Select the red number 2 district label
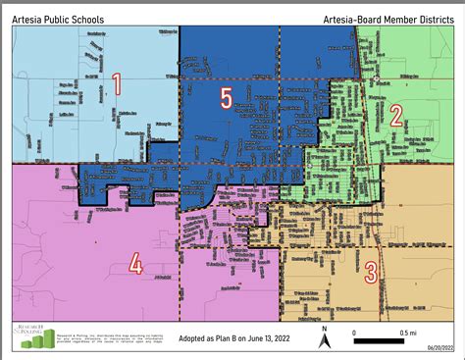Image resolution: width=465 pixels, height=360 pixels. click(396, 115)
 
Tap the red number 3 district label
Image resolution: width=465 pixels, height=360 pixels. click(370, 272)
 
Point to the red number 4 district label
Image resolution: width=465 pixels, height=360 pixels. click(135, 264)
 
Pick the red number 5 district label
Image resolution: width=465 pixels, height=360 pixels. click(226, 98)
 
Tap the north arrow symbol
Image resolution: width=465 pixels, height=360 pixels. click(325, 340)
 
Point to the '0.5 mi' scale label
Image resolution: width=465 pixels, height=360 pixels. click(395, 334)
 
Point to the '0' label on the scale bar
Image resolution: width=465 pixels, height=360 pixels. click(353, 334)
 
